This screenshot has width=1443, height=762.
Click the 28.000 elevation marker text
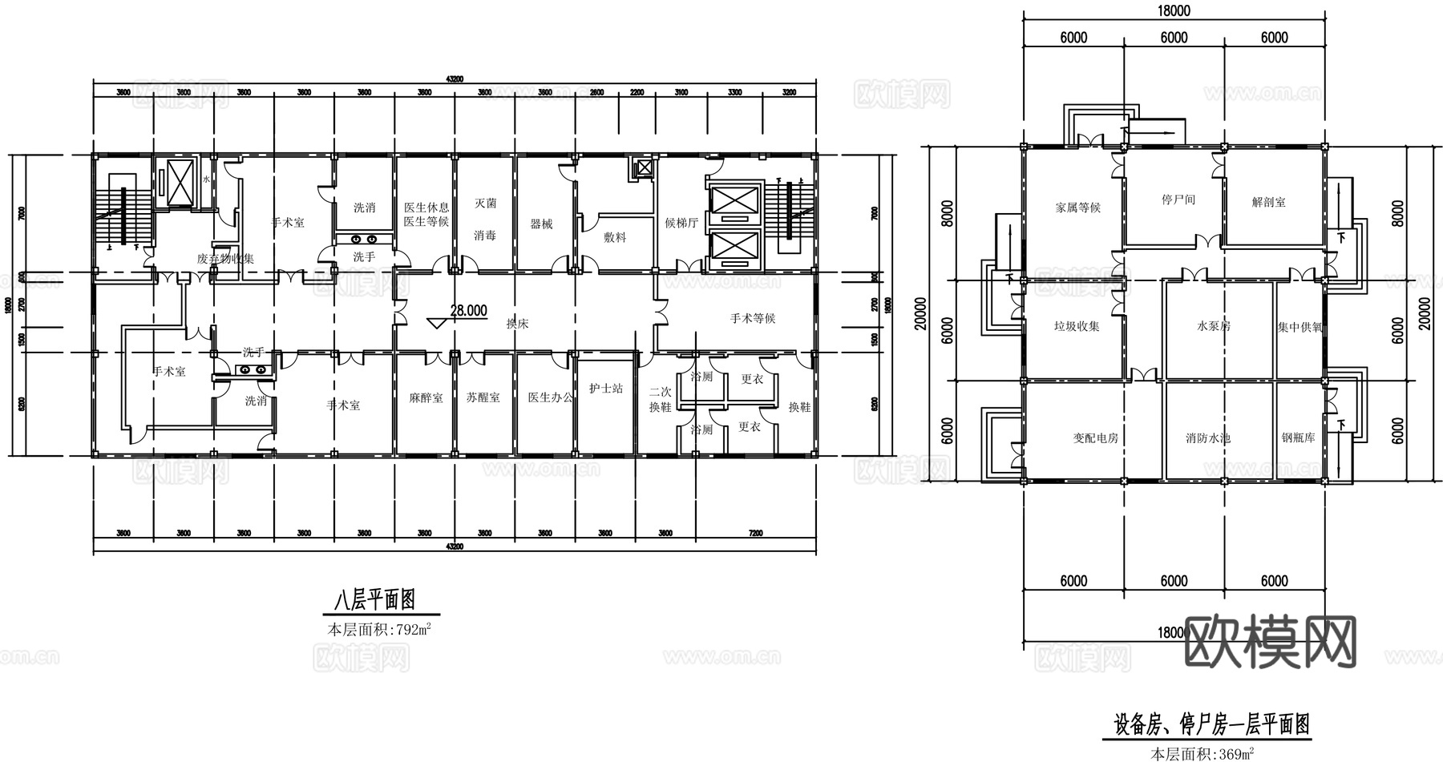pos(468,312)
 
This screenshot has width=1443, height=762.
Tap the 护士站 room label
pos(606,389)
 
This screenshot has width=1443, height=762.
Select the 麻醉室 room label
pos(426,397)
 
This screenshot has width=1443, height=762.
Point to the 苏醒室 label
pos(483,397)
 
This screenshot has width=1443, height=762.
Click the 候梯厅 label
pos(681,223)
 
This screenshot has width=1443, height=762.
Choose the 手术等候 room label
pos(753,318)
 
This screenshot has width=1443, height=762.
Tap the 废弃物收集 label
pos(225,259)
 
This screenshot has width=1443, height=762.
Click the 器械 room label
pos(542,224)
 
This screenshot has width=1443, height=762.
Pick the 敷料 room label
pos(615,237)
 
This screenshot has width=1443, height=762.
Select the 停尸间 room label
pos(1178,199)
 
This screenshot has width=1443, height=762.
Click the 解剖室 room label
pos(1269,202)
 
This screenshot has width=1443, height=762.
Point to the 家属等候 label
pos(1078,208)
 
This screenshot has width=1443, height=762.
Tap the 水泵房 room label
pos(1214,326)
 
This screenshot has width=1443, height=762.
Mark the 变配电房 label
pos(1095,438)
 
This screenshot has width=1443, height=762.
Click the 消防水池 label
pos(1208,438)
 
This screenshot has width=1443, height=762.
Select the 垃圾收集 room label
pos(1077,326)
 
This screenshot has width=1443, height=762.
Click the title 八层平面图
pos(374,599)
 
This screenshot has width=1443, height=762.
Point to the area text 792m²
pos(414,629)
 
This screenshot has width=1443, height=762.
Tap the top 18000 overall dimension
pos(1174,11)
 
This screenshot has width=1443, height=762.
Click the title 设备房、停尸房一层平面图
pos(1211,725)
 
